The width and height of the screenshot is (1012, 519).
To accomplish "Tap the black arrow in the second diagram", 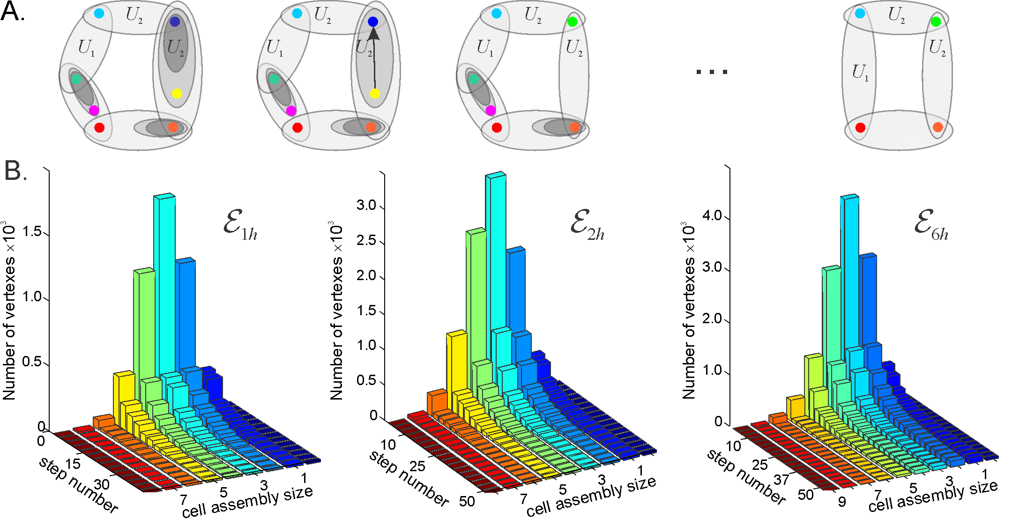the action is (x=374, y=58).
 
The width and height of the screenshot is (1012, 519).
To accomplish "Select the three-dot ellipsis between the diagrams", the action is (x=712, y=72).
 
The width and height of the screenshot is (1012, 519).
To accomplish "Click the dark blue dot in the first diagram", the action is (x=175, y=22).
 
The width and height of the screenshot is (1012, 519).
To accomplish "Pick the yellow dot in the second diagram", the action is (x=375, y=94).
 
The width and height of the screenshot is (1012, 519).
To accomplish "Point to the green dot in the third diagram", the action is (x=572, y=22).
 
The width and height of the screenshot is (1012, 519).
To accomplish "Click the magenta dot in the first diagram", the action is (x=94, y=111).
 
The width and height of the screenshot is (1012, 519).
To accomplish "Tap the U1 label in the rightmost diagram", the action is (x=860, y=72).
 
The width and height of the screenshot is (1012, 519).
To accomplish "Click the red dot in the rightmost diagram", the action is (x=860, y=127).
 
